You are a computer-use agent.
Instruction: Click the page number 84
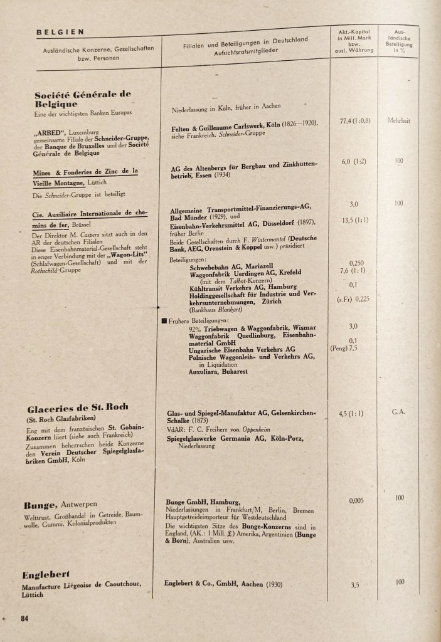click(25, 618)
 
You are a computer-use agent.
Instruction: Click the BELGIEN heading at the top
click(60, 32)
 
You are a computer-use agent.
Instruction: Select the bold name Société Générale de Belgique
click(83, 99)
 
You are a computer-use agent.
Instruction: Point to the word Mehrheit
click(399, 121)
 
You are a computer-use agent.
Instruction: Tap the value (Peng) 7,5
click(344, 347)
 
